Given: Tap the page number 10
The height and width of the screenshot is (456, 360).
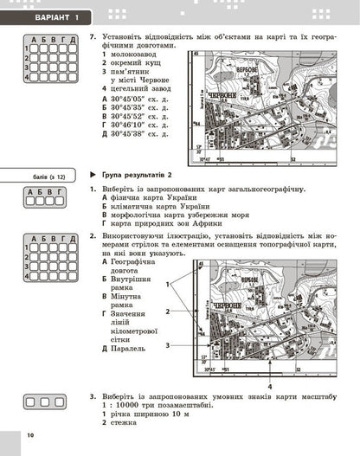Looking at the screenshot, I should [29, 434].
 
